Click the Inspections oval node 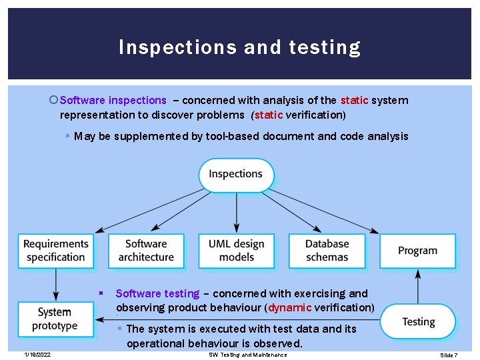tap(236, 175)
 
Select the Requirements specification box tap(56, 251)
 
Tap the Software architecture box tap(146, 251)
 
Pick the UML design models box tap(236, 251)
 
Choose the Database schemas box tap(327, 251)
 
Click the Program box tap(417, 251)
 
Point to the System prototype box tap(56, 319)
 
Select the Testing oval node tap(418, 322)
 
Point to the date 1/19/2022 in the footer tap(37, 355)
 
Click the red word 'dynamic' tap(289, 307)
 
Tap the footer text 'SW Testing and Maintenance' tap(248, 355)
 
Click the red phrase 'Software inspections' tap(113, 100)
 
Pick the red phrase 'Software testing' tap(157, 293)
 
